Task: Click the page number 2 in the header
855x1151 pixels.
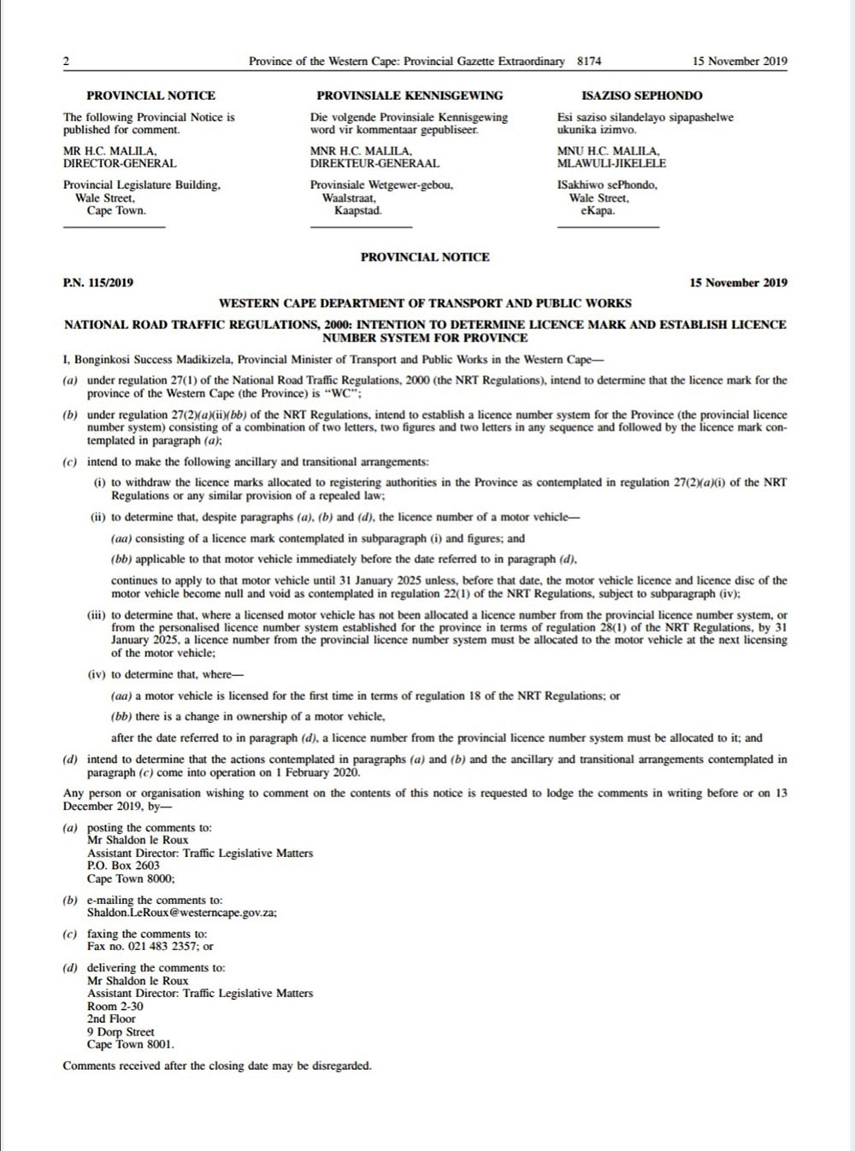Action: click(x=66, y=62)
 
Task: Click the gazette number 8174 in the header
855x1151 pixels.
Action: click(x=589, y=62)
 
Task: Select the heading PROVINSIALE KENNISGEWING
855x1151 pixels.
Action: click(x=410, y=96)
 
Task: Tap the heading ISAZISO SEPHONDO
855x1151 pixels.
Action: click(x=642, y=96)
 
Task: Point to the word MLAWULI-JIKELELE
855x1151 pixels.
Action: click(x=611, y=163)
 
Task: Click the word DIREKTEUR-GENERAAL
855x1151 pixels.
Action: click(x=374, y=163)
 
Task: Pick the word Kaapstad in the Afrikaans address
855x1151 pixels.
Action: click(x=357, y=210)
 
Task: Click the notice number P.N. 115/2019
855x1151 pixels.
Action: click(x=98, y=283)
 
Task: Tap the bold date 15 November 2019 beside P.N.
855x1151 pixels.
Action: click(x=738, y=283)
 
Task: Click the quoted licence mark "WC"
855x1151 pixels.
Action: click(x=342, y=394)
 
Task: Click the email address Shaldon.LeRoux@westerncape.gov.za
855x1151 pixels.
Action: click(x=181, y=913)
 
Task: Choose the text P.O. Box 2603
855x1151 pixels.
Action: click(x=123, y=866)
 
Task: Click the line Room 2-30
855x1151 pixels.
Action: click(x=115, y=1006)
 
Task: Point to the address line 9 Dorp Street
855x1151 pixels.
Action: click(x=121, y=1031)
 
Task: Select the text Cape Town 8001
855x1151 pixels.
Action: click(x=130, y=1044)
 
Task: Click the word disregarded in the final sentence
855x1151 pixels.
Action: click(x=341, y=1066)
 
